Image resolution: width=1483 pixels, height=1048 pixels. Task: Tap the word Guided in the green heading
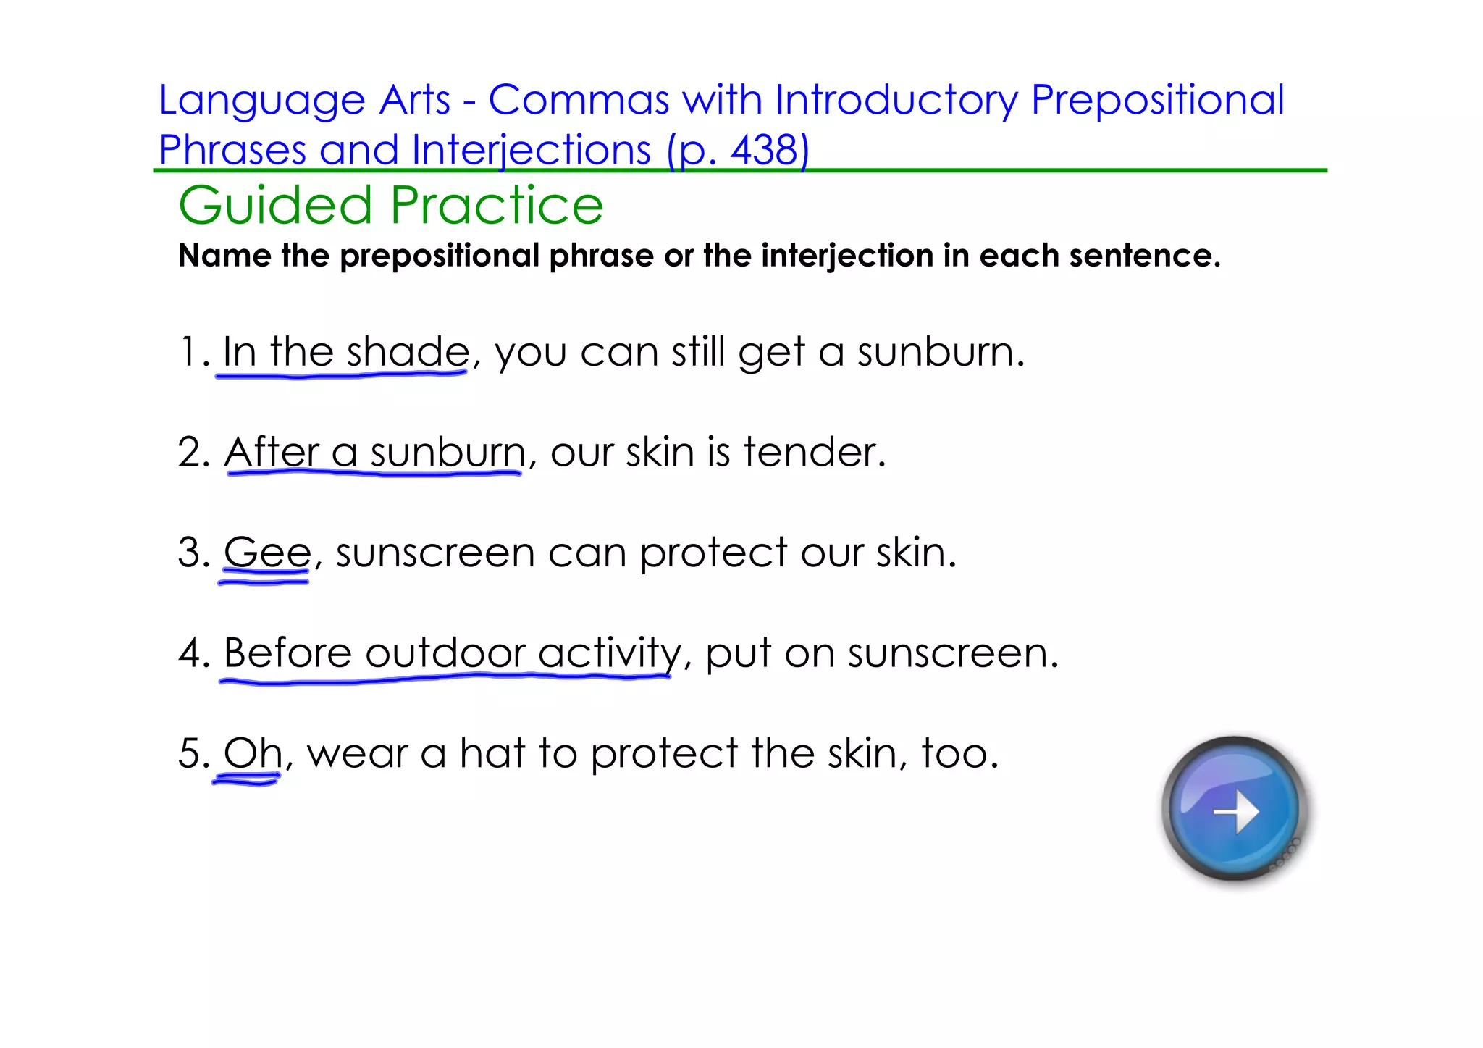[x=275, y=206]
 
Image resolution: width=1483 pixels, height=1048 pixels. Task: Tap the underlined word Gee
[x=267, y=553]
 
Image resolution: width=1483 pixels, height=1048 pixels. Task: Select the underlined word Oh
[x=252, y=753]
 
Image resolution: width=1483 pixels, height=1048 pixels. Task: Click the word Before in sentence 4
[x=287, y=653]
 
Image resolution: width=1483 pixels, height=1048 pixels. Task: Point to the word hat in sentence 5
[x=492, y=753]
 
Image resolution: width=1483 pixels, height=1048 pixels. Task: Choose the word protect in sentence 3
[x=713, y=554]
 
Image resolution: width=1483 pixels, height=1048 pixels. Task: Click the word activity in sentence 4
[x=609, y=654]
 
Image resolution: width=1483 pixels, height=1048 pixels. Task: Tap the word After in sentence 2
[x=271, y=452]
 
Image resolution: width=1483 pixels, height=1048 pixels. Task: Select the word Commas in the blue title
[x=579, y=100]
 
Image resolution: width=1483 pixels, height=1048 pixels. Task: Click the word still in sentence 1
[x=697, y=352]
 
